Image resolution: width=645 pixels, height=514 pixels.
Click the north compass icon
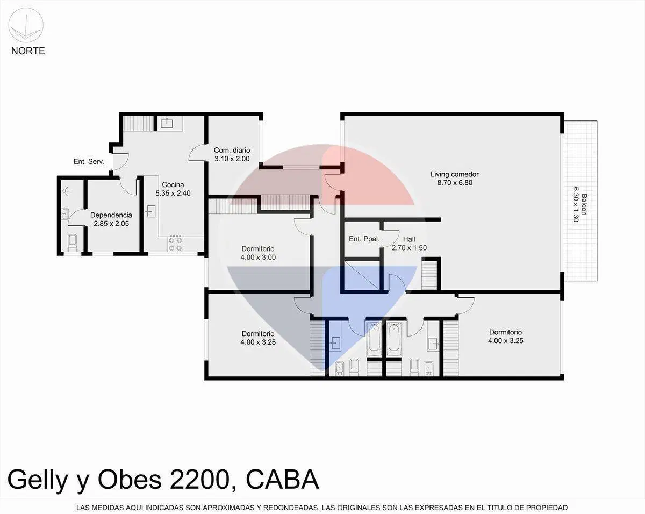point(26,25)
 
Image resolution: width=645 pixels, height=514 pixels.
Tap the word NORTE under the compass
point(28,51)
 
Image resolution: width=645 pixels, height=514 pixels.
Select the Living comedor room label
point(455,179)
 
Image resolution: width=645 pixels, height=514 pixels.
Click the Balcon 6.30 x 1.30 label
point(579,204)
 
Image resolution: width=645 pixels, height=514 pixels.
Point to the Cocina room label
point(173,189)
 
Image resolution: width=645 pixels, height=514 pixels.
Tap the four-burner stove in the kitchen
point(175,243)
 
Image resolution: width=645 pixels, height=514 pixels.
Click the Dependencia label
point(111,219)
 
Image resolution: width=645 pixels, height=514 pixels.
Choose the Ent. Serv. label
point(89,162)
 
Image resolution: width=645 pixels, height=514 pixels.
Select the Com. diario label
point(232,154)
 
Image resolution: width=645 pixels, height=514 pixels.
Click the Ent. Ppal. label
point(364,239)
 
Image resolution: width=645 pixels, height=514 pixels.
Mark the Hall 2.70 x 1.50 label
point(409,244)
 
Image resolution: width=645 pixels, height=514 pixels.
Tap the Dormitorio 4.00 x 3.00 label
point(258,253)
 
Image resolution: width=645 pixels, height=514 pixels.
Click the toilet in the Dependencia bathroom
point(73,243)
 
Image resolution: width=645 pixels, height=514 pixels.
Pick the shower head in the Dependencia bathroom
point(66,191)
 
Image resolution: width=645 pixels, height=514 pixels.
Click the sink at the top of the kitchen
point(166,123)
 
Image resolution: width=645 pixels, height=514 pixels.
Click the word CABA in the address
point(282,479)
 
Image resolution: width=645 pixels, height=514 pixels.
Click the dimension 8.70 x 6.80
point(455,183)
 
